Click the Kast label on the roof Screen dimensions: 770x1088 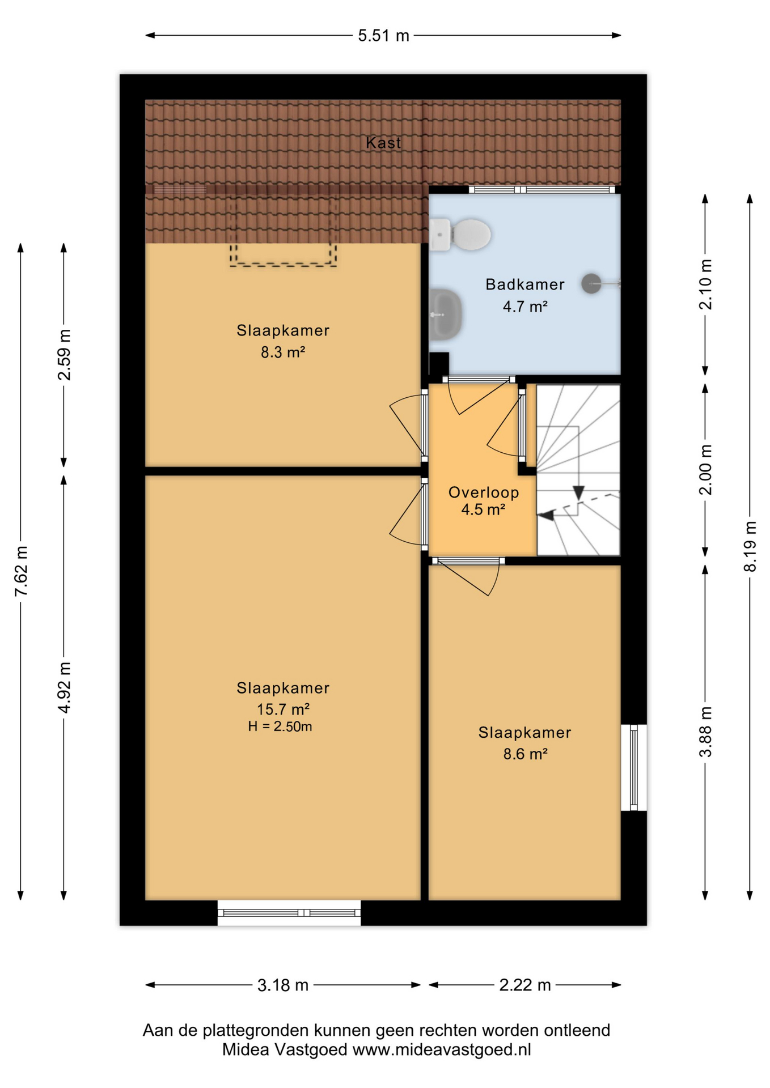(x=383, y=143)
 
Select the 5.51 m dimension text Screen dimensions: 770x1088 (x=383, y=36)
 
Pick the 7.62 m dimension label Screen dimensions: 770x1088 (x=21, y=571)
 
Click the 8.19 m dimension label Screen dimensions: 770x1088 (x=750, y=546)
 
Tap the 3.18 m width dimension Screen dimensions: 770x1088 (x=283, y=985)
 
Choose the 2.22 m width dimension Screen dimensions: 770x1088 (x=525, y=985)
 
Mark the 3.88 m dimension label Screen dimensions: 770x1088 (x=705, y=732)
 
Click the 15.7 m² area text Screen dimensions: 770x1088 (x=283, y=709)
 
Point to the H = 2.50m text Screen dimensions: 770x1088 (x=280, y=726)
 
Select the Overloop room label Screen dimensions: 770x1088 (x=484, y=492)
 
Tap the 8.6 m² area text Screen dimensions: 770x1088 (x=525, y=754)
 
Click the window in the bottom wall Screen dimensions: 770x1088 (x=289, y=912)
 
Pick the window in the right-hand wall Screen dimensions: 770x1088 (x=634, y=767)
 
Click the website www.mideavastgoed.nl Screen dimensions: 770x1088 (x=442, y=1050)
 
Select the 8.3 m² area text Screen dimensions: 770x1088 (x=283, y=352)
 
